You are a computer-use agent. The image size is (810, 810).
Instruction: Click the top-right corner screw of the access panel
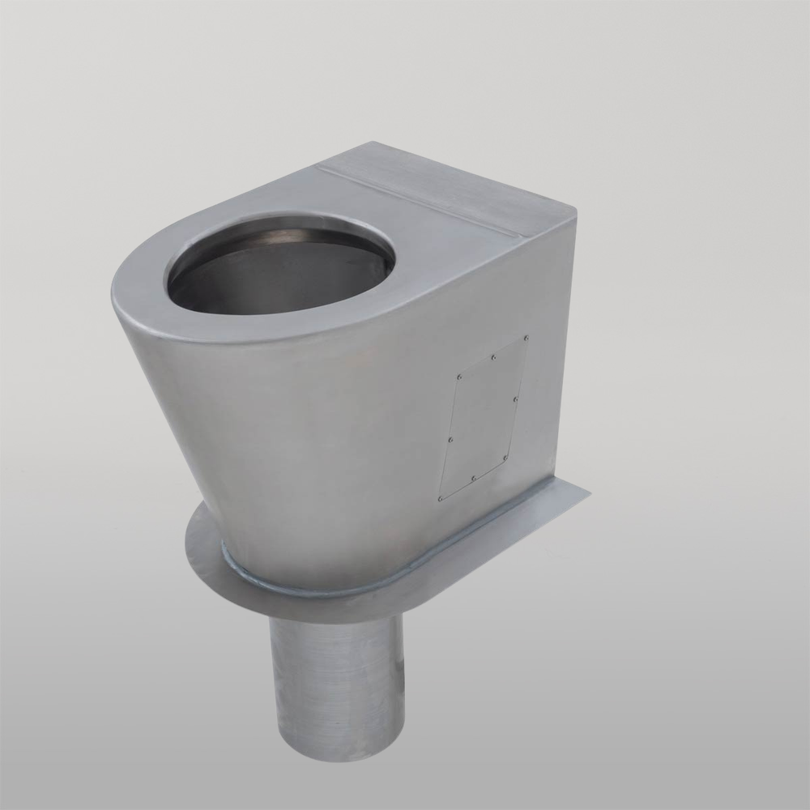pos(526,337)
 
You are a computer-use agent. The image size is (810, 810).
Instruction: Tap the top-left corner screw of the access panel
pos(459,377)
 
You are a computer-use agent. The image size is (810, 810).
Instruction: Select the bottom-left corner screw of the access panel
pos(441,498)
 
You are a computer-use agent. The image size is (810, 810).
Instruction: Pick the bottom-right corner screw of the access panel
pos(505,458)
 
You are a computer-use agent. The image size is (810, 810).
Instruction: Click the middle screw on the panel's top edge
pos(493,356)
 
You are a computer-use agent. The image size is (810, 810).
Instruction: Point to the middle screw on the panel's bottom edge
pos(473,478)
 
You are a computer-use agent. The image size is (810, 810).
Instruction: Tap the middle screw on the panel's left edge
pos(450,438)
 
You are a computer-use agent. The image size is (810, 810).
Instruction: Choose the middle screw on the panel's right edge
pos(516,398)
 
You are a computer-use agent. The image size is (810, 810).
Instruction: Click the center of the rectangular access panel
pos(484,418)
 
